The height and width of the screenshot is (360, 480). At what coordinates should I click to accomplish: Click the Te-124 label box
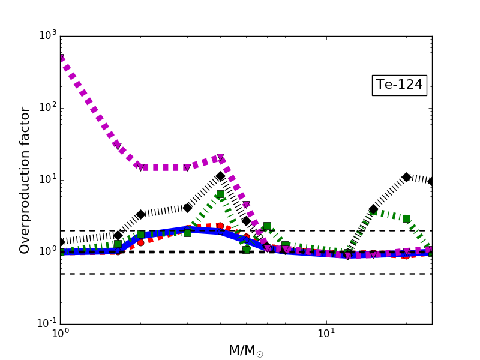click(x=399, y=85)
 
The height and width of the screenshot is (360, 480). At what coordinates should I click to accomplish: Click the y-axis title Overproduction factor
click(x=25, y=180)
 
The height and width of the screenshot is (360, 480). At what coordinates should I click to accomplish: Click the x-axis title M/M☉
click(x=245, y=350)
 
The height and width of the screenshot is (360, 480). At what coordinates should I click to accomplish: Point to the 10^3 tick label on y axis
click(x=46, y=35)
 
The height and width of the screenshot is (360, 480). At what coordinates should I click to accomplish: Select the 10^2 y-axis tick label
click(x=46, y=107)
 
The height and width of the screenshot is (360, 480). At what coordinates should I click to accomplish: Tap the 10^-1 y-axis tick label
click(x=45, y=323)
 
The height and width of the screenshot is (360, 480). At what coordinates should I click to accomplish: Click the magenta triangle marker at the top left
click(x=61, y=58)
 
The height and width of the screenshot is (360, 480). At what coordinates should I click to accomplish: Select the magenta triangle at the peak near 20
click(x=220, y=158)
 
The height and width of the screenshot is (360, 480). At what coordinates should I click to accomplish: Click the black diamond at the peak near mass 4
click(x=220, y=176)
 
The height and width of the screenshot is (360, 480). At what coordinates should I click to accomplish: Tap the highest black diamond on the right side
click(x=406, y=177)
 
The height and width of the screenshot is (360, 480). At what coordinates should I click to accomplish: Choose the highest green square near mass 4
click(x=220, y=194)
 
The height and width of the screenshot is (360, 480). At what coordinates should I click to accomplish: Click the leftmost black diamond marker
click(x=61, y=242)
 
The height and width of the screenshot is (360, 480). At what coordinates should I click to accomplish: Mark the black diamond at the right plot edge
click(x=431, y=181)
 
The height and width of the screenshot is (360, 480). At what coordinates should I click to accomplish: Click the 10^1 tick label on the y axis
click(x=46, y=179)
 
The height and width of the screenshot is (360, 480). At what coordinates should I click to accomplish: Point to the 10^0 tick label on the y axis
click(x=46, y=251)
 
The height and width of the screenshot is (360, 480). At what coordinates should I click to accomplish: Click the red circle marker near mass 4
click(x=220, y=226)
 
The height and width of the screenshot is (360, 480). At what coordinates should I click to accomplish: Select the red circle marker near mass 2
click(x=140, y=242)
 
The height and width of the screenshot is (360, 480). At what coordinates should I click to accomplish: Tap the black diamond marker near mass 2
click(x=140, y=214)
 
